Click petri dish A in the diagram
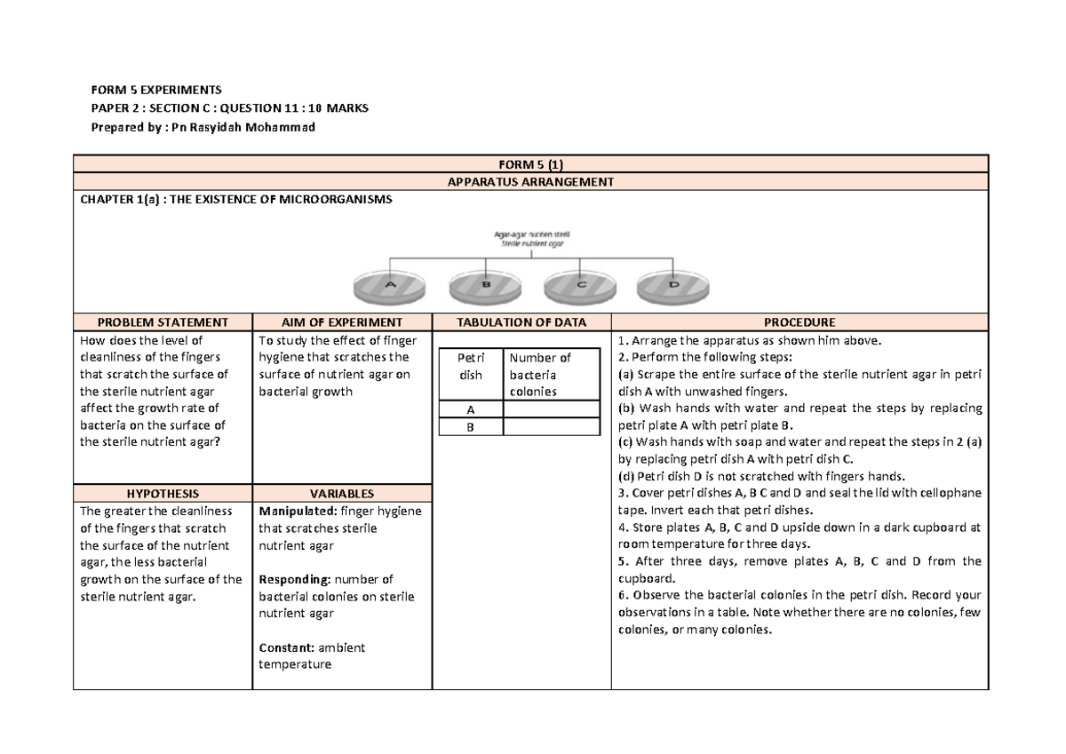tap(389, 284)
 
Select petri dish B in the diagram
tap(485, 284)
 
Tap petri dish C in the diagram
tap(580, 284)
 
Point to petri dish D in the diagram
tap(672, 284)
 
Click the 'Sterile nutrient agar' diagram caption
tap(530, 242)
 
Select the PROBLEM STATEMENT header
tap(163, 322)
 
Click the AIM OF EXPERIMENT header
tap(342, 322)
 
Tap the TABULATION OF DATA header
tap(521, 322)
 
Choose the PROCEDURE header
tap(799, 322)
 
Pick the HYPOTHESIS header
tap(163, 494)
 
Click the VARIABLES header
tap(342, 494)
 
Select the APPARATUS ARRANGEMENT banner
tap(531, 181)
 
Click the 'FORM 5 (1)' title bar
tap(531, 164)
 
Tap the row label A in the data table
tap(471, 409)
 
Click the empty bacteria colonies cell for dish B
tap(551, 427)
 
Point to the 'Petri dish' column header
tap(471, 366)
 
